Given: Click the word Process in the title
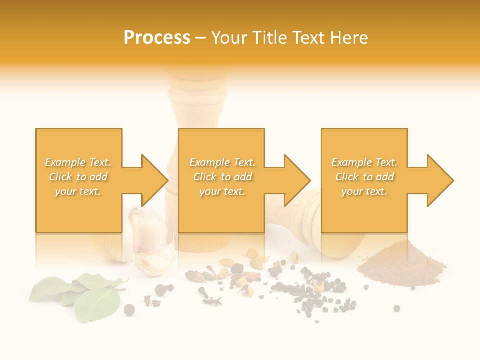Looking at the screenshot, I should (x=157, y=38).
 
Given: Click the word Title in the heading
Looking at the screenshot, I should (x=270, y=38).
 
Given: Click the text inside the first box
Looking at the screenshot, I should (x=78, y=177).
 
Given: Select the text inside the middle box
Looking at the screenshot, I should (x=222, y=177).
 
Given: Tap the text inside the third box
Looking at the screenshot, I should (x=365, y=177).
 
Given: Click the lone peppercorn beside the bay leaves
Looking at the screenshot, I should (x=129, y=310).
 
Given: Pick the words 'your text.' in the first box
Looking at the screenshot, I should (x=78, y=191).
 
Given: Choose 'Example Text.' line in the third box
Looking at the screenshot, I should (x=365, y=162).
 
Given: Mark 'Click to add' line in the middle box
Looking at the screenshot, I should (x=222, y=177).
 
